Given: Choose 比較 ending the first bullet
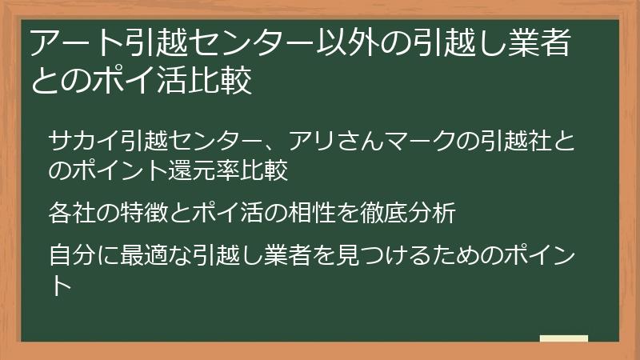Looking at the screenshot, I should coord(267,170).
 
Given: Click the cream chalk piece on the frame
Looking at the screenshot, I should coord(563,338).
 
